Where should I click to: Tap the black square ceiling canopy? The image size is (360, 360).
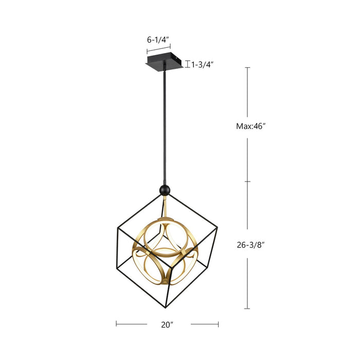click(x=164, y=62)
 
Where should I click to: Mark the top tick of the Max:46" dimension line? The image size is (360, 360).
click(x=247, y=67)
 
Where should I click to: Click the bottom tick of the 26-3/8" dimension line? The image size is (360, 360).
click(x=247, y=309)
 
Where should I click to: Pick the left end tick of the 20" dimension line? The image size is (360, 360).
click(x=116, y=324)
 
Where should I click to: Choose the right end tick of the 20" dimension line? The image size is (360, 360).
click(x=219, y=324)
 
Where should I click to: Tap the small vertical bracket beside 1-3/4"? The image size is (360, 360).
click(x=188, y=64)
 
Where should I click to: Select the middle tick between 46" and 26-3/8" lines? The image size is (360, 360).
click(x=247, y=182)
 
